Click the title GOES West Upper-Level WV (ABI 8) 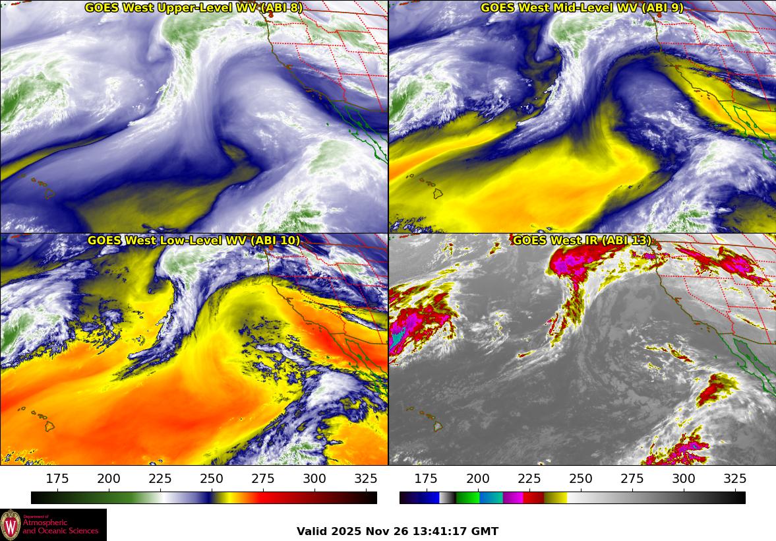point(193,8)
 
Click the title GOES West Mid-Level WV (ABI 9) point(582,8)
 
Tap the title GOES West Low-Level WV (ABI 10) point(193,241)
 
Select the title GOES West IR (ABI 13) point(582,241)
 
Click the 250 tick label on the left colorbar point(212,479)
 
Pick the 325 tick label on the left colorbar point(366,479)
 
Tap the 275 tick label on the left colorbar point(263,479)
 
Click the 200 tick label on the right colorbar point(477,479)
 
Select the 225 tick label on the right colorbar point(529,479)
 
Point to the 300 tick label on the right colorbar point(683,479)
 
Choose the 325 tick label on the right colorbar point(734,479)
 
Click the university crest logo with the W point(11,525)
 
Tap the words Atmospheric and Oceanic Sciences point(61,527)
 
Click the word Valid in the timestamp point(312,532)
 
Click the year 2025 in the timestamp point(347,532)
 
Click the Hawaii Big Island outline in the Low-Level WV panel point(49,426)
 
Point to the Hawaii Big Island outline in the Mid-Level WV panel point(437,193)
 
